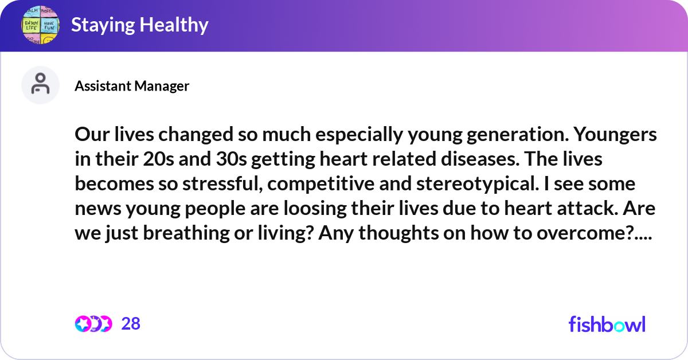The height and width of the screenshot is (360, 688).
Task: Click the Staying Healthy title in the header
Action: (x=139, y=25)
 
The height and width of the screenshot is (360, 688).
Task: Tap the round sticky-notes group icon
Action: (x=40, y=25)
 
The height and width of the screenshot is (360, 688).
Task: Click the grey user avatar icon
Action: (x=40, y=85)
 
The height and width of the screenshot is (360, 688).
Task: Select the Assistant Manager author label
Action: (x=132, y=86)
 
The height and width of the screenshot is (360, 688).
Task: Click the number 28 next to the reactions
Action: (x=131, y=324)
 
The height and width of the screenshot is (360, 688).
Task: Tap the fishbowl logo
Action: (x=607, y=324)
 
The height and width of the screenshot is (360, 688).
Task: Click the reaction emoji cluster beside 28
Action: (x=93, y=324)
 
